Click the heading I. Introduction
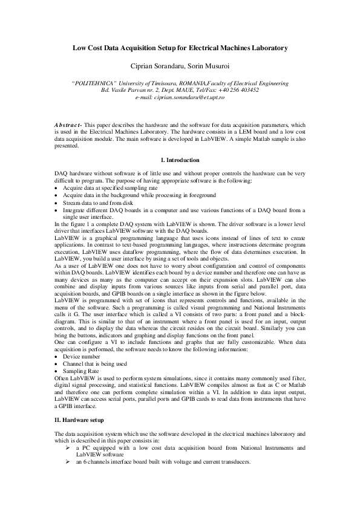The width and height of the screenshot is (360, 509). [180, 160]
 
